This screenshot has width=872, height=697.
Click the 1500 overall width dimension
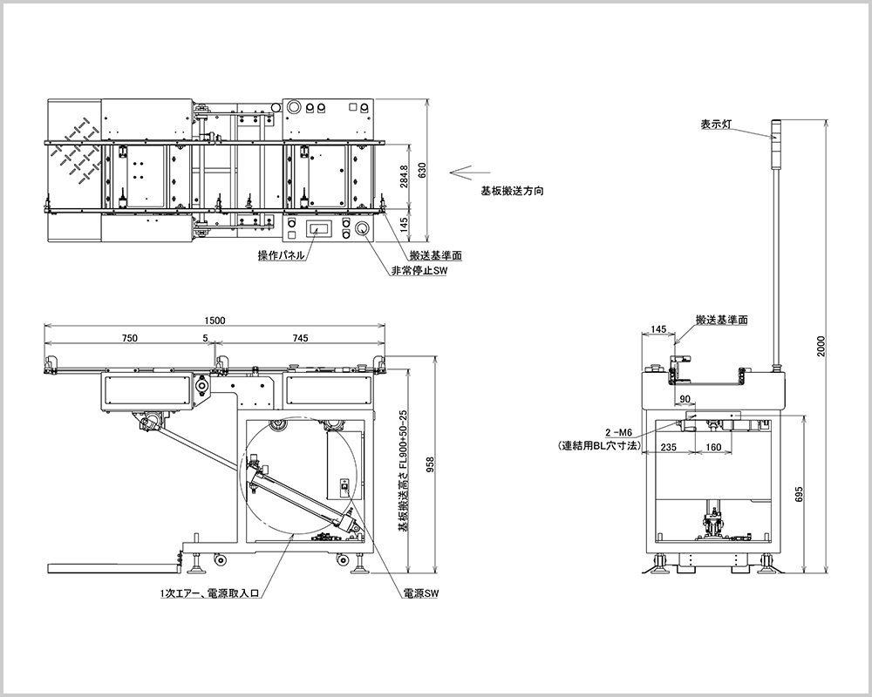tap(215, 320)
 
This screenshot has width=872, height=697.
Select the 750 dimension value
tap(129, 338)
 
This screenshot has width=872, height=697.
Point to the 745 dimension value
tap(300, 338)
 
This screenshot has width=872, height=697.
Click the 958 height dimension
tap(429, 465)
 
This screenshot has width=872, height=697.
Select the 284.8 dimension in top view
tap(404, 176)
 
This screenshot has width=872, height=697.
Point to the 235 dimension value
tap(668, 447)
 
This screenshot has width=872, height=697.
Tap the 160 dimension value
tap(713, 447)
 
